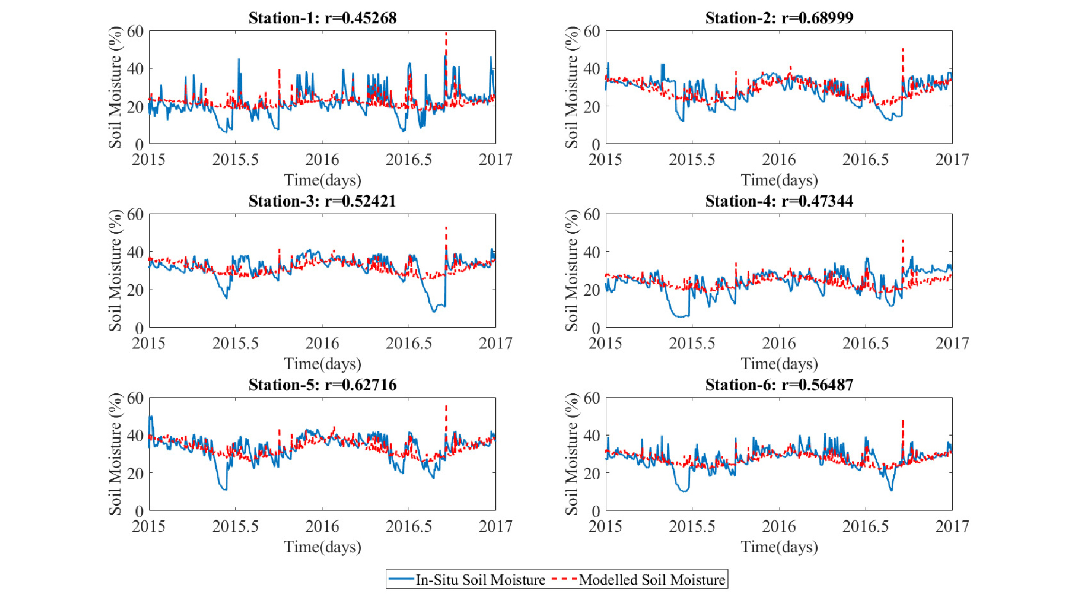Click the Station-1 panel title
[x=322, y=18]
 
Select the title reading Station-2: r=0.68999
[x=779, y=18]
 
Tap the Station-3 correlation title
[x=322, y=201]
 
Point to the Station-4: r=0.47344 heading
[x=779, y=201]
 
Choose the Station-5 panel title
[x=322, y=385]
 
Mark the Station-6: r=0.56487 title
[x=779, y=385]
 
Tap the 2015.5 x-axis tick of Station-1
[x=235, y=159]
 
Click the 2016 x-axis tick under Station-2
[x=779, y=159]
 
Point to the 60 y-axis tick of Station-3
[x=135, y=215]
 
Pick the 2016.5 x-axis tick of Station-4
[x=866, y=343]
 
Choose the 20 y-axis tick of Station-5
[x=135, y=473]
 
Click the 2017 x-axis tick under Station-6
[x=952, y=526]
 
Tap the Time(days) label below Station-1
[x=322, y=180]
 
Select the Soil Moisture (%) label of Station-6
[x=572, y=454]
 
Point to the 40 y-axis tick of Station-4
[x=591, y=252]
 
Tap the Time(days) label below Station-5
[x=322, y=547]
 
